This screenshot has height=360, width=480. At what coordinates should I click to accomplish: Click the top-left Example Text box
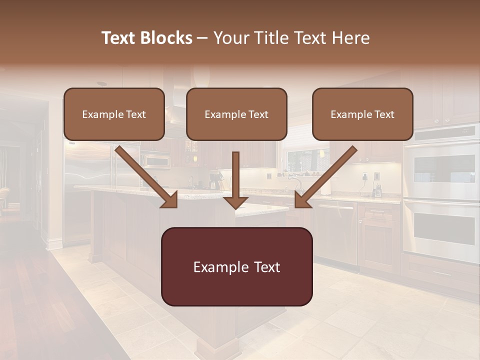click(x=114, y=114)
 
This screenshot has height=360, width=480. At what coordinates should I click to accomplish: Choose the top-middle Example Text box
click(x=236, y=114)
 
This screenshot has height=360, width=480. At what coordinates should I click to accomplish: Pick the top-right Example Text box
click(x=362, y=114)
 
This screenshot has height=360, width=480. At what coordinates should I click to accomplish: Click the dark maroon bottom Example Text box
click(x=236, y=266)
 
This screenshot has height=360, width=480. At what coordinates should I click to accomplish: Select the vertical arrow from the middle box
click(x=235, y=180)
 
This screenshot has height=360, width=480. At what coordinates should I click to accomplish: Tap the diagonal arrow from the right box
click(x=325, y=177)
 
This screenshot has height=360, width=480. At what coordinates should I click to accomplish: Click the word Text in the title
click(x=120, y=38)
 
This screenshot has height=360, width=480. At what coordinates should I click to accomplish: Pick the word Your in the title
click(x=230, y=38)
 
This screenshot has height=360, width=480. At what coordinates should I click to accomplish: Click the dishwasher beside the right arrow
click(x=336, y=232)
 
